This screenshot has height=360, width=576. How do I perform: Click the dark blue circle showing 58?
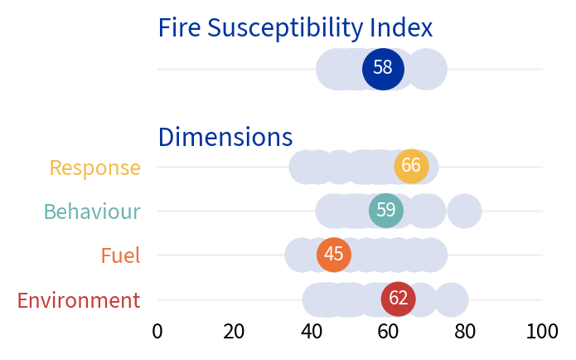click(383, 68)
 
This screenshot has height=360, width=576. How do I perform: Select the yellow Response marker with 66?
click(411, 166)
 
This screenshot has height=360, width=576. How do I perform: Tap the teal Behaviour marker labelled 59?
click(385, 211)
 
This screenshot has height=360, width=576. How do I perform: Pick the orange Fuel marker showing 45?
click(334, 255)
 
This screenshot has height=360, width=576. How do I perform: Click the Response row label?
click(94, 168)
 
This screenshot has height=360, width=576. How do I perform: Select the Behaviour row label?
click(92, 212)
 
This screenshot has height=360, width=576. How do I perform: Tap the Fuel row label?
click(120, 255)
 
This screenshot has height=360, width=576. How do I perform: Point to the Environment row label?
click(79, 300)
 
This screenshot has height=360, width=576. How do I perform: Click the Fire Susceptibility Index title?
click(295, 28)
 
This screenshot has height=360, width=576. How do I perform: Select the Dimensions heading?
click(225, 137)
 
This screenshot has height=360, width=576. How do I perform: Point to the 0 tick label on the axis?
click(157, 332)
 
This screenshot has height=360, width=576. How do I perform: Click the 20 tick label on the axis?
click(235, 332)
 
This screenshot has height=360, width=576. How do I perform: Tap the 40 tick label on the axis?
click(312, 332)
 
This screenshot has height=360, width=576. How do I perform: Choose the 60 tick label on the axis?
click(389, 332)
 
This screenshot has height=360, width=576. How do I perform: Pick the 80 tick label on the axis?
click(466, 332)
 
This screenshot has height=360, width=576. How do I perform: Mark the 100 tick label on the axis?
click(542, 332)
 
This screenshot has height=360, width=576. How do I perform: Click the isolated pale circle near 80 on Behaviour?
click(465, 211)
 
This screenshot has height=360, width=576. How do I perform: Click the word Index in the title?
click(401, 28)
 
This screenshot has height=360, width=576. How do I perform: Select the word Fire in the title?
click(179, 28)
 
